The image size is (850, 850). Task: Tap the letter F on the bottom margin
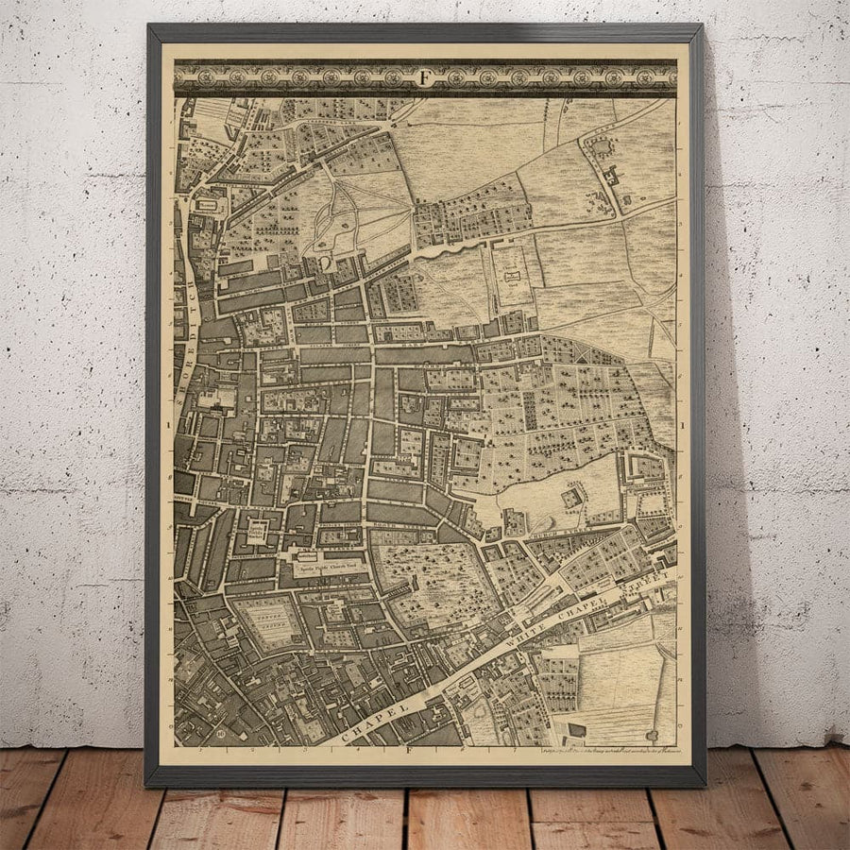(x=410, y=752)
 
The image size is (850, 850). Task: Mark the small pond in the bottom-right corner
(x=654, y=734)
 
